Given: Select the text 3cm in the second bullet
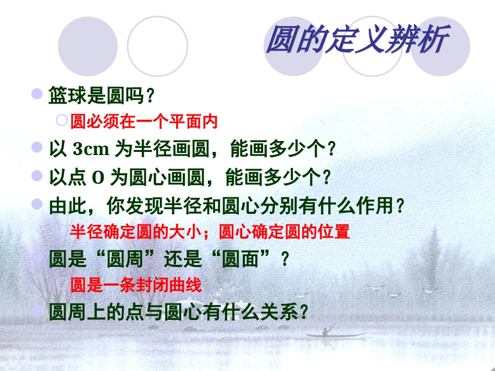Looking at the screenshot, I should coord(91,150).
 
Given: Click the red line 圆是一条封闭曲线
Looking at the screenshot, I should coord(136,285).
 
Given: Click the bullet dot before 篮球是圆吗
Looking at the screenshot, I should coord(37,94).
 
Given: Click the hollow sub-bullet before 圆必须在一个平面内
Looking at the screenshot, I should coord(61,121).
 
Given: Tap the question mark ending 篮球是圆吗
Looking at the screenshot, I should coord(151,96).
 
